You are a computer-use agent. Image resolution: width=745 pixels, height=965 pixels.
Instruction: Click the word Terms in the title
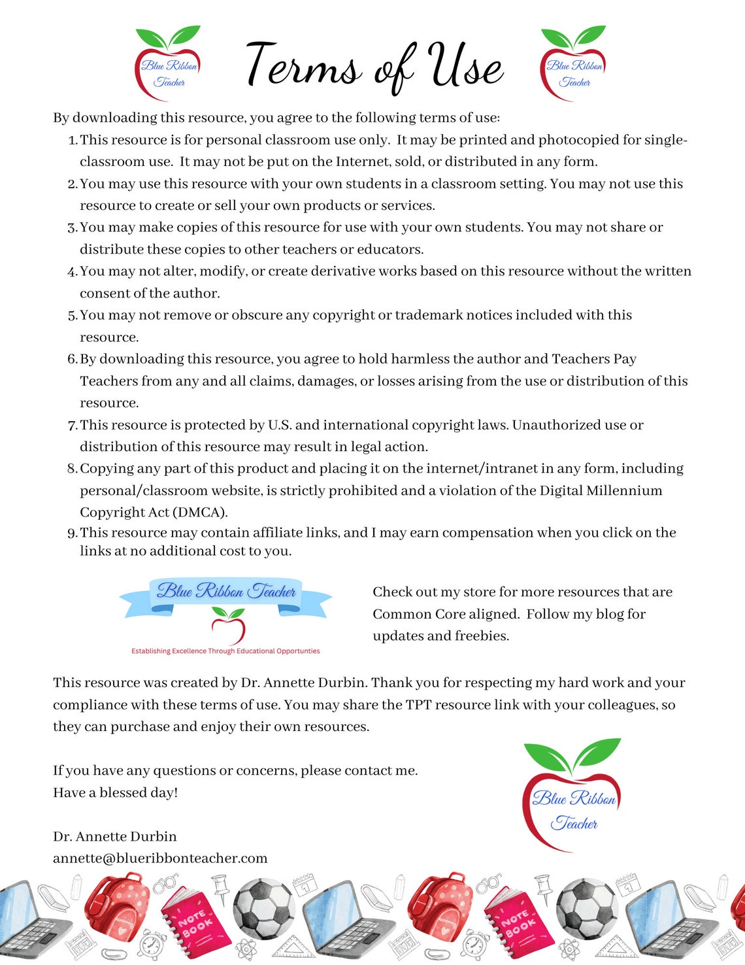click(x=304, y=65)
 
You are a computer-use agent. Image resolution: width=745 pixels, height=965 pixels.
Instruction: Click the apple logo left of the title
click(x=168, y=64)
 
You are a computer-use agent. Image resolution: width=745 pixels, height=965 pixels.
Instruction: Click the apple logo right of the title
click(x=573, y=64)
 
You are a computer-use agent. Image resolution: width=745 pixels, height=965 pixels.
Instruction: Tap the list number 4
click(x=72, y=272)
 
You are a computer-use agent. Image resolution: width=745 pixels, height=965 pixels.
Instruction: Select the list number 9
click(x=72, y=533)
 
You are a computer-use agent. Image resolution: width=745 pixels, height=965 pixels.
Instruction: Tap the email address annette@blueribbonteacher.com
click(x=160, y=858)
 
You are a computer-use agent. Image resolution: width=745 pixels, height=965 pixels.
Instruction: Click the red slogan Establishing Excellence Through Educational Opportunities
click(x=225, y=651)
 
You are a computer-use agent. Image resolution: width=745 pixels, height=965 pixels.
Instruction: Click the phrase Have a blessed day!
click(x=115, y=792)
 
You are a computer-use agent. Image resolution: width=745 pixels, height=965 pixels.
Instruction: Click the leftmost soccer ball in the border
click(x=264, y=909)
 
